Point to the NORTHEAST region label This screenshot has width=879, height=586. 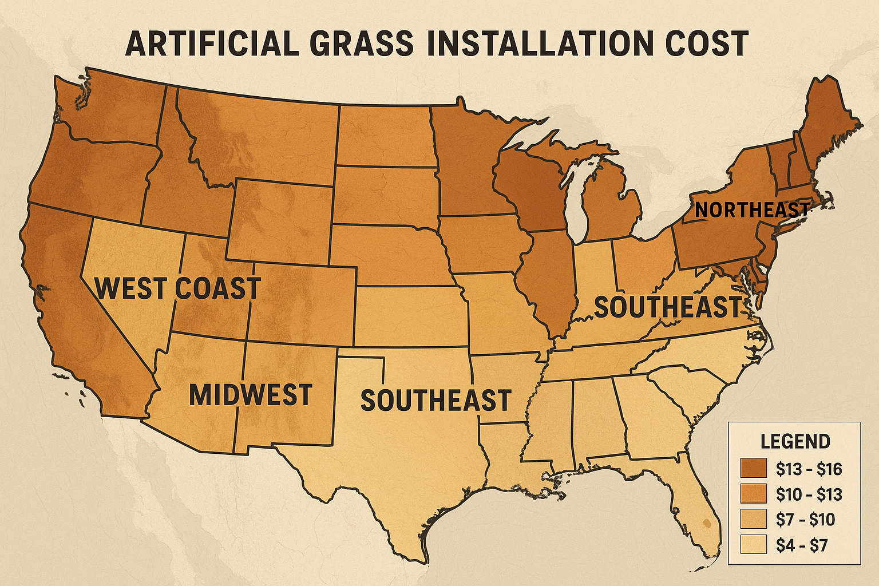pyautogui.click(x=752, y=209)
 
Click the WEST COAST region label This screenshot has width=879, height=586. pyautogui.click(x=178, y=288)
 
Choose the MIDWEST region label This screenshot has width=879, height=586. pyautogui.click(x=251, y=395)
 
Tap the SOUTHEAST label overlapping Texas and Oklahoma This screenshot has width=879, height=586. pyautogui.click(x=435, y=400)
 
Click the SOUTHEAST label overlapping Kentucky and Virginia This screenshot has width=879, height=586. pyautogui.click(x=668, y=307)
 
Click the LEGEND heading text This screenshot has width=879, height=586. pyautogui.click(x=795, y=441)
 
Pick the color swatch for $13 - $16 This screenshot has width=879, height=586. pyautogui.click(x=753, y=468)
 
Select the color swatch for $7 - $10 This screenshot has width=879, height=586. pyautogui.click(x=753, y=519)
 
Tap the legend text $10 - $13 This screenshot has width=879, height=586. pyautogui.click(x=809, y=494)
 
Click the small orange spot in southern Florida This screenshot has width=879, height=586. pyautogui.click(x=707, y=522)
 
